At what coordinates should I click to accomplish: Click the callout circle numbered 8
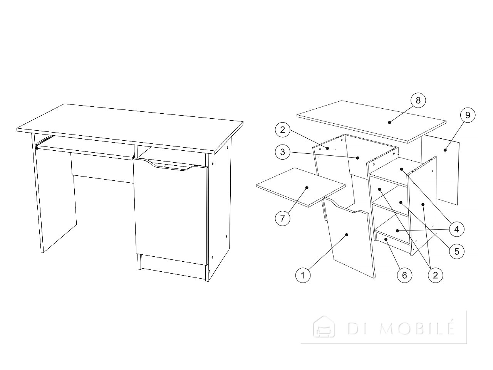(418, 101)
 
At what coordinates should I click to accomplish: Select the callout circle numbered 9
(468, 115)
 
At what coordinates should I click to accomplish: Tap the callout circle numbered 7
(283, 218)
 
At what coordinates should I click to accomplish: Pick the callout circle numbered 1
(303, 275)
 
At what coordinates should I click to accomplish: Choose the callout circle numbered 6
(404, 275)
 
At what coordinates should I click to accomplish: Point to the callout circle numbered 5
(457, 251)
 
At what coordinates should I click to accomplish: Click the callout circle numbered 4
(457, 229)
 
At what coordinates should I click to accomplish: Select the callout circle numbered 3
(283, 152)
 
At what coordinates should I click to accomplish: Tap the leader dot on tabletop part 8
(389, 123)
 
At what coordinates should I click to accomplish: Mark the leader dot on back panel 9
(445, 150)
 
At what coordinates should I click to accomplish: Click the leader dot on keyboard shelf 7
(307, 188)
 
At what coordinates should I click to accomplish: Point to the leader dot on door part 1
(347, 235)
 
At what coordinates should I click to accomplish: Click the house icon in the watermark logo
(324, 327)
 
